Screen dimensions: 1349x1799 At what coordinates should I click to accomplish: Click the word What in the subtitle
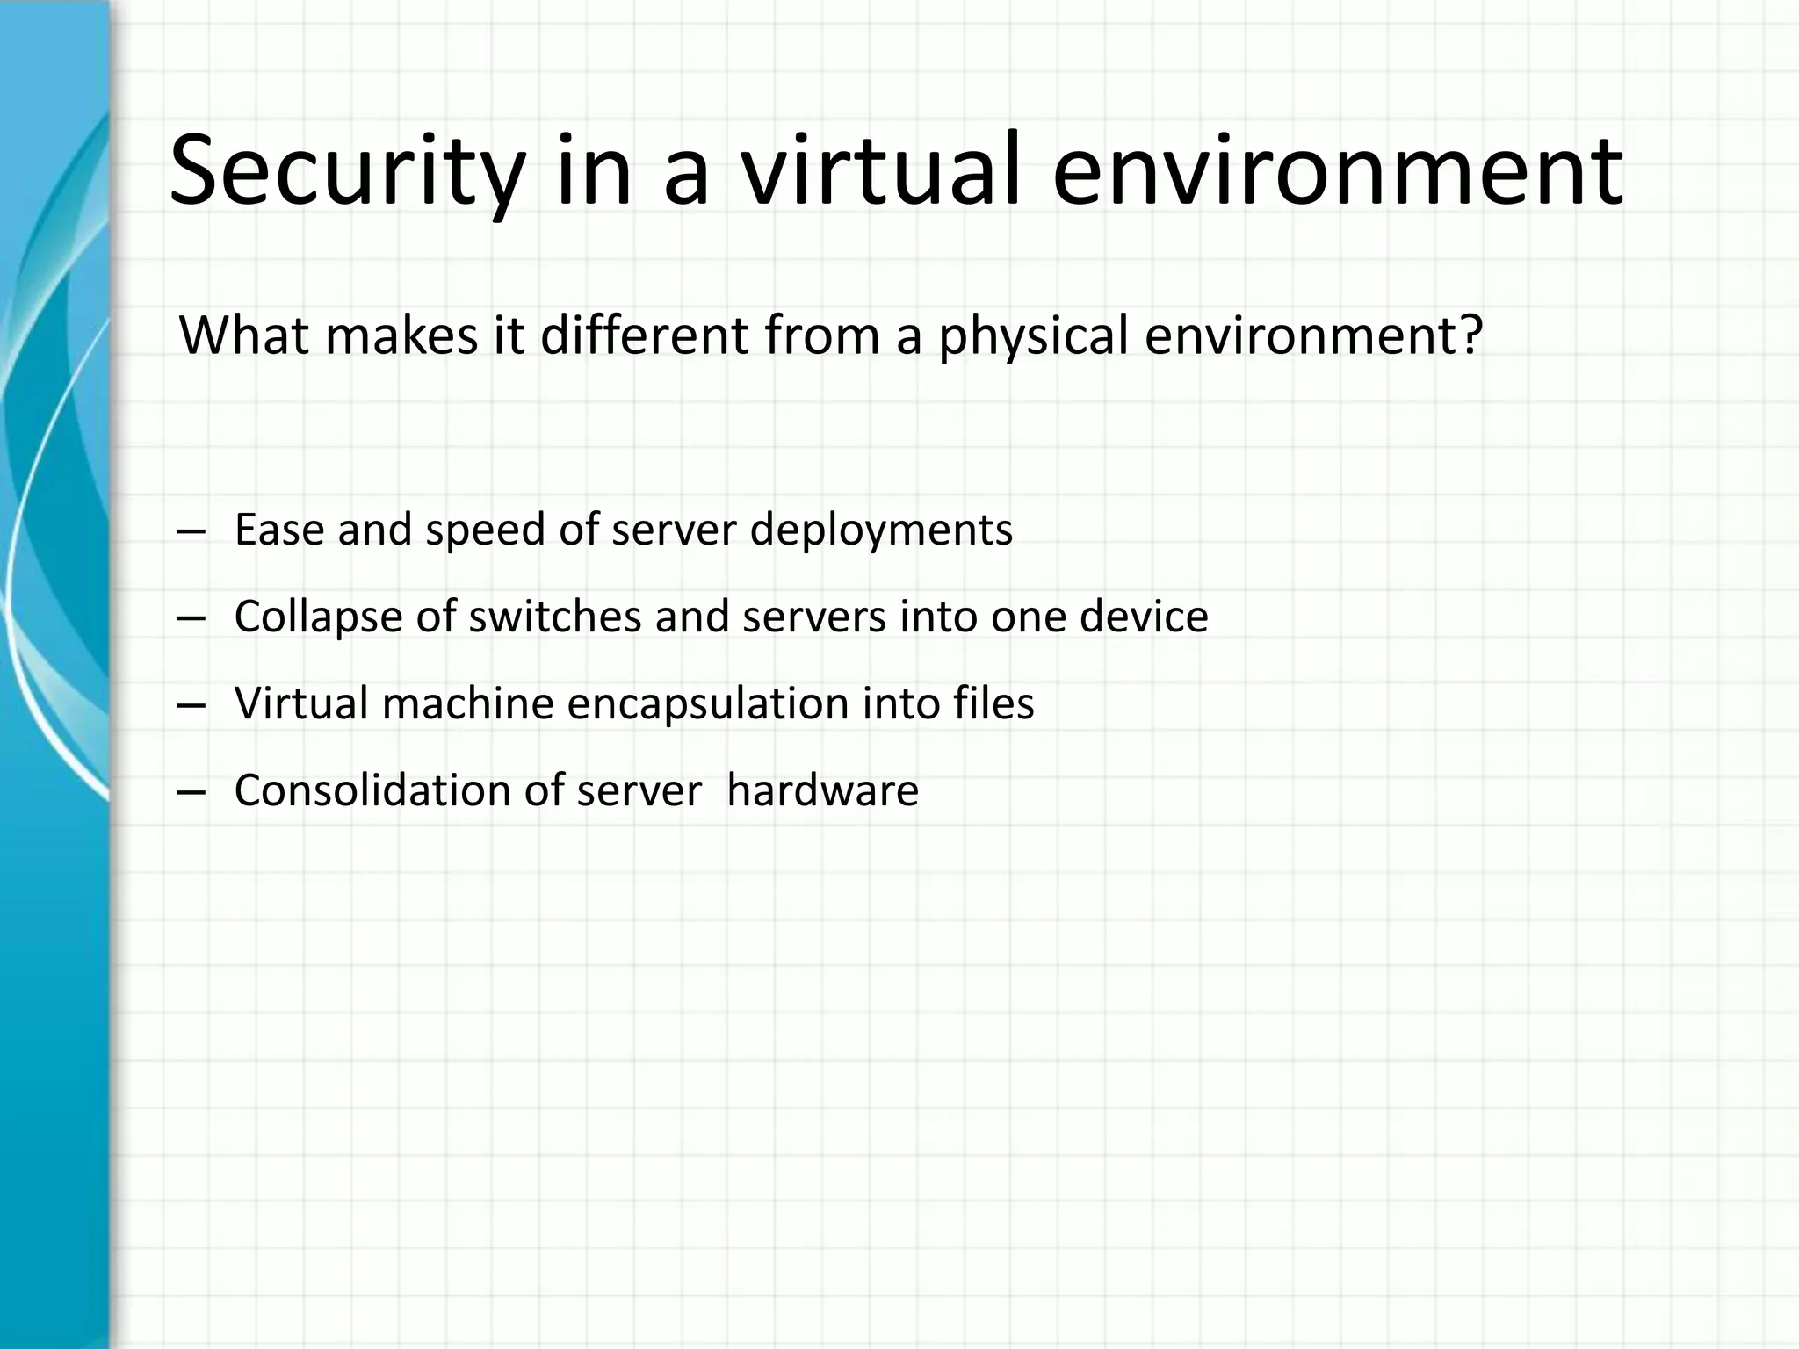(x=243, y=335)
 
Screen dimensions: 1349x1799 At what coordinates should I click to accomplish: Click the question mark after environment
(x=1470, y=335)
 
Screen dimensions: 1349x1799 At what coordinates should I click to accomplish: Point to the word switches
(x=555, y=617)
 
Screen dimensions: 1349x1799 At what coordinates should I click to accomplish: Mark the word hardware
(x=822, y=790)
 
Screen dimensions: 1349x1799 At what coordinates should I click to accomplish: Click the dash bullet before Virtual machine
(x=191, y=705)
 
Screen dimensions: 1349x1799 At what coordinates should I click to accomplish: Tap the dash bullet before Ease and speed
(x=191, y=531)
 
